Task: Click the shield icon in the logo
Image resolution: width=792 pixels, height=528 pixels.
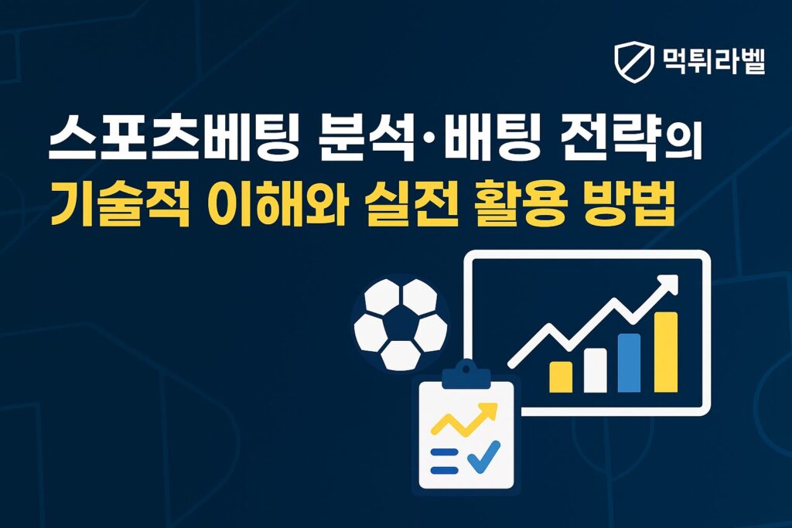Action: click(x=633, y=62)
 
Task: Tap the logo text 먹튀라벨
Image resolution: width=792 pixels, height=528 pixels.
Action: click(x=714, y=61)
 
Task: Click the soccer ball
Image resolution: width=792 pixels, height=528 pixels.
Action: click(x=400, y=324)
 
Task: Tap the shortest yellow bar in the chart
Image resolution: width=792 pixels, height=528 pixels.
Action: click(x=560, y=376)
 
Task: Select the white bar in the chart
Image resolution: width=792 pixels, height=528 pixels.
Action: click(x=595, y=370)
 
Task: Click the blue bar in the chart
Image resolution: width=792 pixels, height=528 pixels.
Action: click(x=629, y=363)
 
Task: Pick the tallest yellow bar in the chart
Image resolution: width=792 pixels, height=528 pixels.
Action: click(x=665, y=352)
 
